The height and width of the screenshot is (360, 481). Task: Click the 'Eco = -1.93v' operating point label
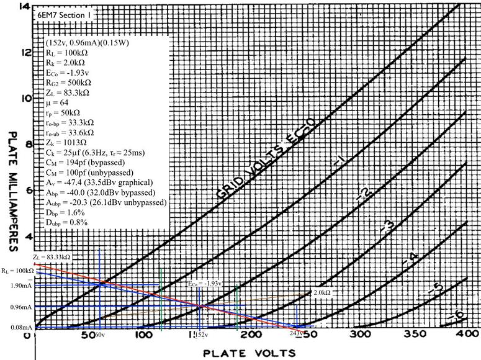205,284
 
